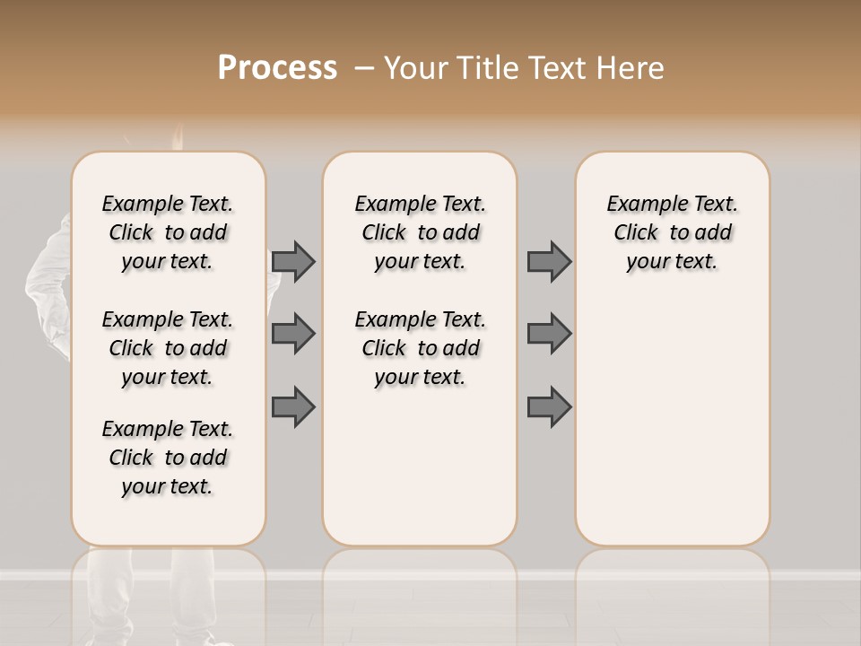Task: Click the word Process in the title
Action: pos(277,68)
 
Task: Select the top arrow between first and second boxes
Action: pos(293,261)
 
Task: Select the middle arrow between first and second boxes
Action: pos(293,334)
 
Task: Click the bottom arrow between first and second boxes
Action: pos(293,406)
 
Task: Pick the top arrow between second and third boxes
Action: pos(549,261)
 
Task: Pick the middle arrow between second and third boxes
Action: pos(549,334)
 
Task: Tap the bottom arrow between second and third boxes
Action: pos(549,406)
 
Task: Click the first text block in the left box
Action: pos(168,232)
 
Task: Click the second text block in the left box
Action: pos(168,348)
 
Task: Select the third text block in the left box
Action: pos(168,458)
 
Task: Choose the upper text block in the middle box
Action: pos(420,232)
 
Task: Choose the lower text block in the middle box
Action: pos(420,348)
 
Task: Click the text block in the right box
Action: pos(673,232)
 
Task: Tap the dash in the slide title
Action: pos(363,68)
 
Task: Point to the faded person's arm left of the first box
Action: pos(49,269)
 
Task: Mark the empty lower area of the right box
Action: pos(673,422)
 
